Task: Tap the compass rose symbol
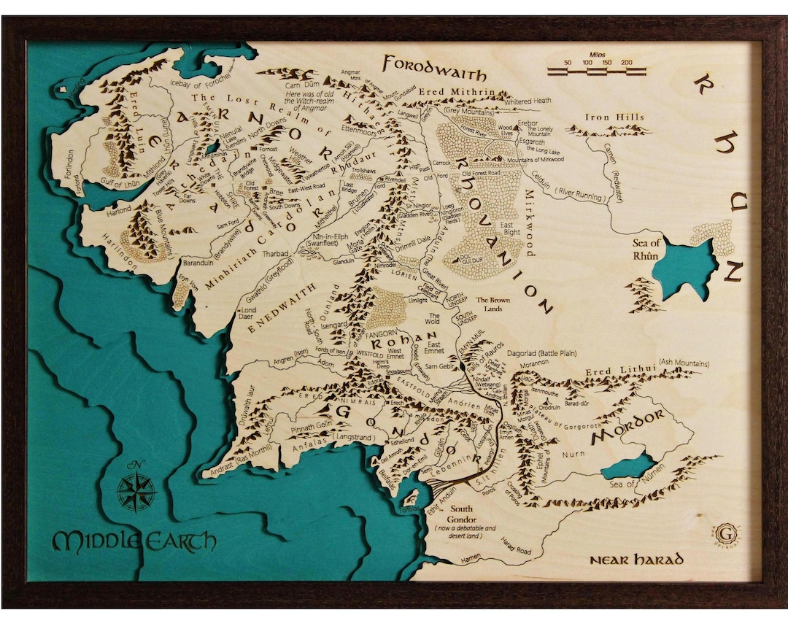click(136, 490)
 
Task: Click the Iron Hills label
click(614, 117)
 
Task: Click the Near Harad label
click(637, 560)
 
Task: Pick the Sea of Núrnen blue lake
click(628, 466)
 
